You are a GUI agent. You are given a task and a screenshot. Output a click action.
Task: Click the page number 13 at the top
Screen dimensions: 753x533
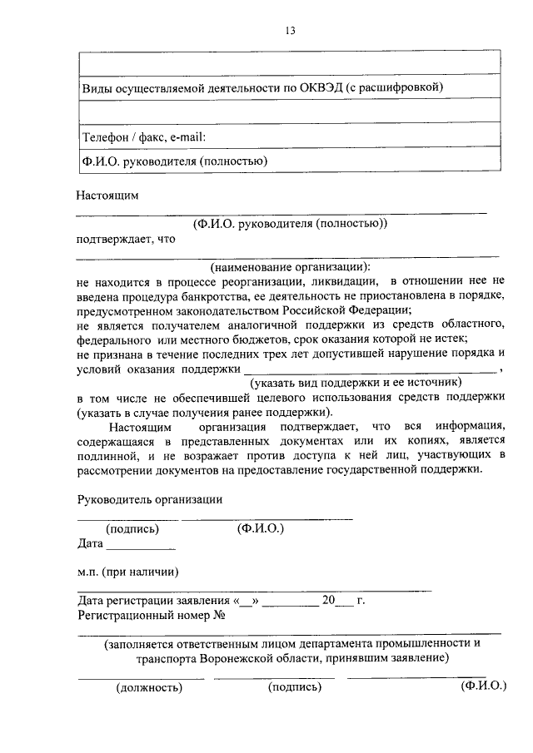290,31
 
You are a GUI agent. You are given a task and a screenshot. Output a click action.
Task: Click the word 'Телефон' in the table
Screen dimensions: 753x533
103,136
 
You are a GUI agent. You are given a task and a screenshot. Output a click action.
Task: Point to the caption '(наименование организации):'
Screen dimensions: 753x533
291,268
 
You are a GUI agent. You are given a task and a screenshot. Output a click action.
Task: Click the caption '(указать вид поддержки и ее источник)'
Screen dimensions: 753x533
356,382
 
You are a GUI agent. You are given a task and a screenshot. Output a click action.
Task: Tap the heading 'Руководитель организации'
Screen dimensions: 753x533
150,499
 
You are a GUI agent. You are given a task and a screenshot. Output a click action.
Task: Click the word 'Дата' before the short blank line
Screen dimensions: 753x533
90,544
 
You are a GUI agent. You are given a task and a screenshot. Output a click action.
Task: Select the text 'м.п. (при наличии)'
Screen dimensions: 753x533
127,572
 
